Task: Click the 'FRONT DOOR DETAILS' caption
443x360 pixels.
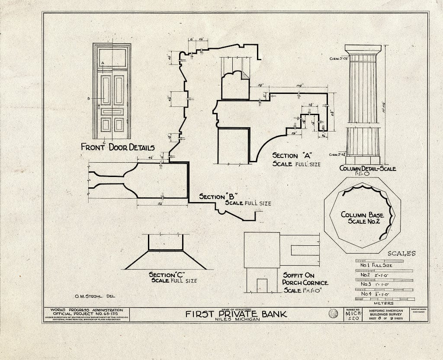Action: point(117,147)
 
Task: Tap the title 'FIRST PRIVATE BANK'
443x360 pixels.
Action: point(236,314)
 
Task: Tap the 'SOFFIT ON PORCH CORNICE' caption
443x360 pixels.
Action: point(305,279)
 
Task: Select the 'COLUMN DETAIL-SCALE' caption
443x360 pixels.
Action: point(367,168)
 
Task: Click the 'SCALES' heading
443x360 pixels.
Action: point(401,254)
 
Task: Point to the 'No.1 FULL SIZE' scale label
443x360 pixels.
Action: point(376,265)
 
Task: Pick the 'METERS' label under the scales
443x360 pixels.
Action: point(384,303)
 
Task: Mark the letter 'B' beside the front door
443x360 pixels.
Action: point(88,99)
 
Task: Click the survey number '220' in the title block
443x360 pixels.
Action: point(351,318)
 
